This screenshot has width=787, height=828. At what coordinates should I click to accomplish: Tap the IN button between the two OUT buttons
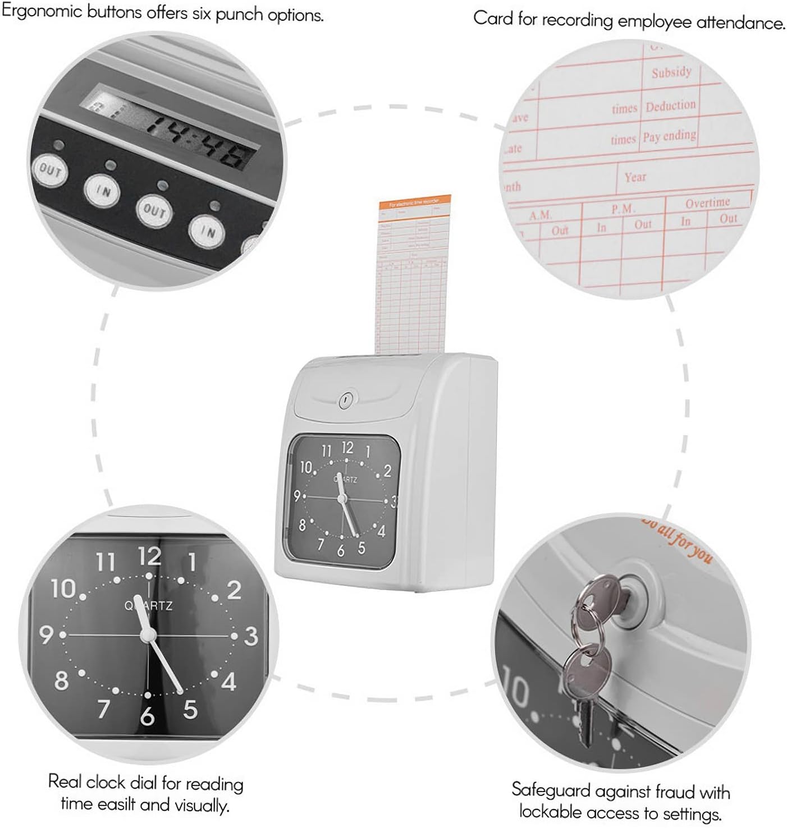coord(102,191)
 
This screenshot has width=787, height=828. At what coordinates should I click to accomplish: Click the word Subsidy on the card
coord(671,72)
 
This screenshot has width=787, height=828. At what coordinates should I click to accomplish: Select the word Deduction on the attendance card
coord(670,105)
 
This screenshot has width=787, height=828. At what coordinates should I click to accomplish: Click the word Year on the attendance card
coord(635,177)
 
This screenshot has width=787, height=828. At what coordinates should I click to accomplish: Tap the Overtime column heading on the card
coord(707,203)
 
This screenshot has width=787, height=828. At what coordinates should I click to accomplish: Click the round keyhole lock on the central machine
coord(345,399)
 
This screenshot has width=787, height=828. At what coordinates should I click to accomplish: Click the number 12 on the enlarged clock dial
coord(149,556)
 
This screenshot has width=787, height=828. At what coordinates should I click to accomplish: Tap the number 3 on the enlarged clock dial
coord(251,636)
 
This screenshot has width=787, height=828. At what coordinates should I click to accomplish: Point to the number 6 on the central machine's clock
coord(340,551)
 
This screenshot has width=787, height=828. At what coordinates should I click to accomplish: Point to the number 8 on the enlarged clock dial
coord(61,680)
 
